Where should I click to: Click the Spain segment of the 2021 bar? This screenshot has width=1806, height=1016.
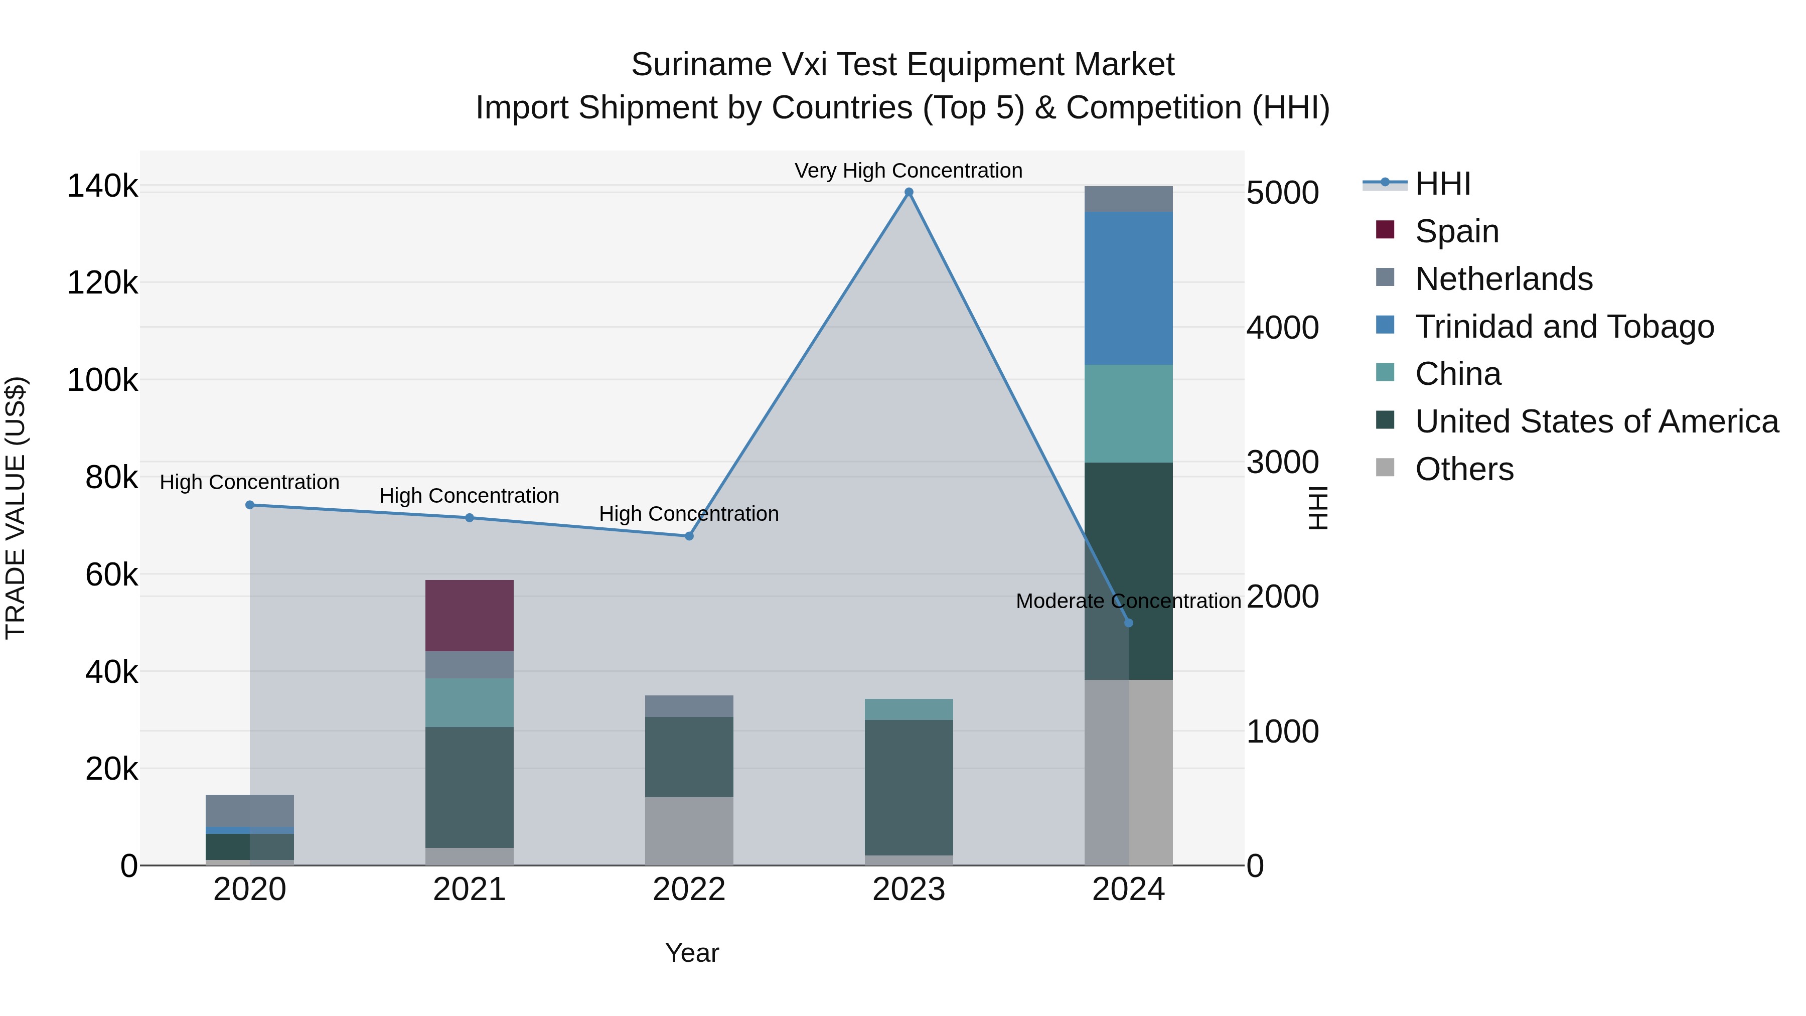pos(469,616)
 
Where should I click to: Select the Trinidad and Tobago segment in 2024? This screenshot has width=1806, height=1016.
pos(1128,288)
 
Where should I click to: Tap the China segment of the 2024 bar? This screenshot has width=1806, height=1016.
pos(1128,414)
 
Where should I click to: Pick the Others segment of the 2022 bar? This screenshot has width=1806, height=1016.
pos(688,831)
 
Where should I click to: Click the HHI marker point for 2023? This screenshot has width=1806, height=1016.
pos(909,192)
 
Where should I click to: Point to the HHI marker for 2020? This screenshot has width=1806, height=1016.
pos(250,505)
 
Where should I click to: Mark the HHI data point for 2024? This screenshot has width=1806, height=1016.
pos(1128,623)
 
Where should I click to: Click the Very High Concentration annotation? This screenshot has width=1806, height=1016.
pos(908,171)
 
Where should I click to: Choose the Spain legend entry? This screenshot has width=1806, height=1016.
pos(1456,231)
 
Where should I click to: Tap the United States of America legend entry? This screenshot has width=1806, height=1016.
pos(1596,421)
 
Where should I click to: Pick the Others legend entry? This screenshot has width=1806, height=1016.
pos(1464,469)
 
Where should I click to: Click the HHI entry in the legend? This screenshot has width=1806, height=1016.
pos(1442,184)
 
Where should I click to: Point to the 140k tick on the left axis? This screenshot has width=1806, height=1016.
pos(102,187)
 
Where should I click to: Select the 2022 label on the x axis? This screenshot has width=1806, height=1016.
pos(688,890)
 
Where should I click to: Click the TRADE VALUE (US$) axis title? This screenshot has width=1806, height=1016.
pos(16,508)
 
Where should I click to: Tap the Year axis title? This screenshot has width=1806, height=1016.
pos(692,953)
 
